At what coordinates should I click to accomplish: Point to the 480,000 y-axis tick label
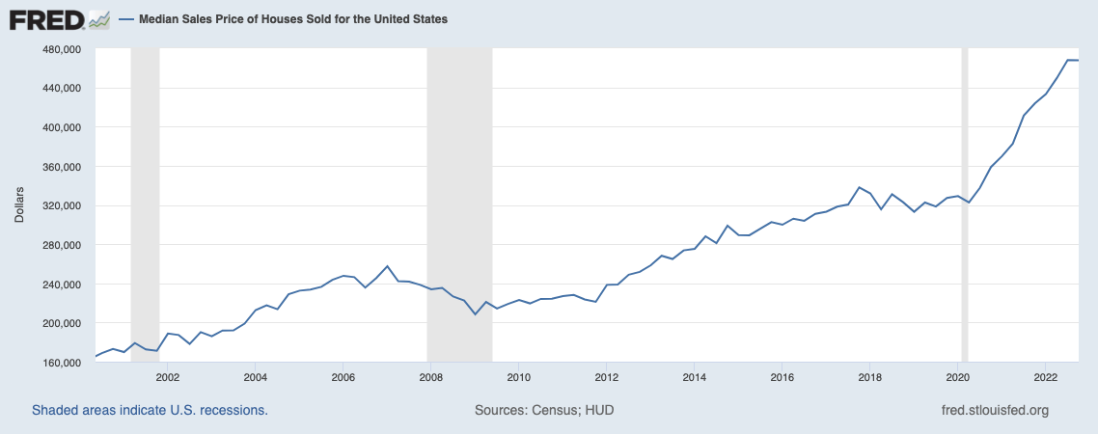tap(61, 49)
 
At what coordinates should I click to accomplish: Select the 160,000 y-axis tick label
tap(61, 363)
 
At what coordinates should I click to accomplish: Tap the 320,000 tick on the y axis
tap(61, 206)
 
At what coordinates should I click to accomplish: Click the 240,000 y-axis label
tap(61, 285)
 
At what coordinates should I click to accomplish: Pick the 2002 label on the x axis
tap(167, 377)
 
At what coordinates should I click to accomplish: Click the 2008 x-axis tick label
tap(431, 377)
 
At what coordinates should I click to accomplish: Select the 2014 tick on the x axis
tap(695, 377)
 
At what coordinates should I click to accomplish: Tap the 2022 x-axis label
tap(1047, 377)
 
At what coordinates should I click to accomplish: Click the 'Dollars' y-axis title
tap(19, 205)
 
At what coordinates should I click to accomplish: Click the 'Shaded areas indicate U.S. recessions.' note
tap(150, 410)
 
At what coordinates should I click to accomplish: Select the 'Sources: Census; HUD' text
tap(544, 410)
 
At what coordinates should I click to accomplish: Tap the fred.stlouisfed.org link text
tap(994, 410)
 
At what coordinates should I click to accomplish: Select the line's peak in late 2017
tap(858, 187)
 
